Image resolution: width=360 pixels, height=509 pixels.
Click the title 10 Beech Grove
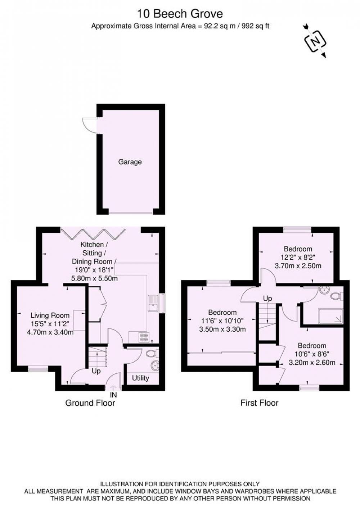pyautogui.click(x=180, y=14)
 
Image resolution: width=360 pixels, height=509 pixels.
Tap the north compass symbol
pyautogui.click(x=315, y=41)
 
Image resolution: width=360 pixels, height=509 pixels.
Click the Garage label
pyautogui.click(x=130, y=162)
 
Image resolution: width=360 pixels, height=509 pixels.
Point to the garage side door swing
pyautogui.click(x=90, y=125)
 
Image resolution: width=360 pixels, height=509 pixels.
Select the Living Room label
pyautogui.click(x=50, y=315)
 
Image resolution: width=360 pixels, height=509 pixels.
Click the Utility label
pyautogui.click(x=140, y=378)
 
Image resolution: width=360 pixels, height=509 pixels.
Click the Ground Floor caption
pyautogui.click(x=90, y=403)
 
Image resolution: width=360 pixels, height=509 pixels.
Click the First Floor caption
pyautogui.click(x=260, y=403)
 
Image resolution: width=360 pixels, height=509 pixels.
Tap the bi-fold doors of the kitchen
pyautogui.click(x=93, y=234)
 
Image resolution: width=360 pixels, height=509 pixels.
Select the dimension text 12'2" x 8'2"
pyautogui.click(x=298, y=257)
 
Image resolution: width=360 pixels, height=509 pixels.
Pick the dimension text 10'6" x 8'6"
pyautogui.click(x=312, y=354)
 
